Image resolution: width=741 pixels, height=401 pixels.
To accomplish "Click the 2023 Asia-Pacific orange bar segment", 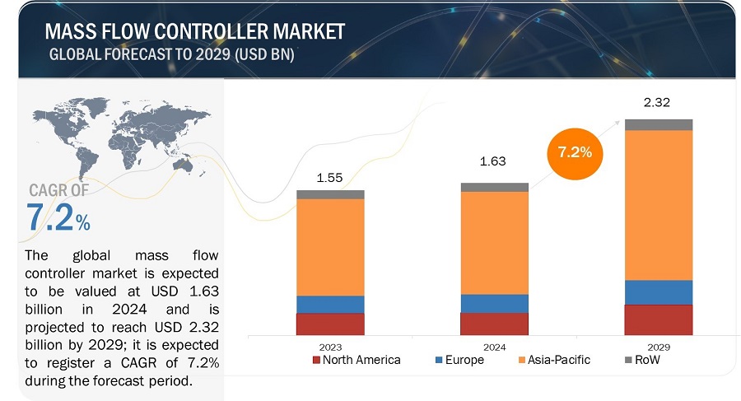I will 330,247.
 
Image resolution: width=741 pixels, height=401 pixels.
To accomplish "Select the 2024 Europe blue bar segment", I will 494,303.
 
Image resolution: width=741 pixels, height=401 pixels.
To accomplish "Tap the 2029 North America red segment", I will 659,319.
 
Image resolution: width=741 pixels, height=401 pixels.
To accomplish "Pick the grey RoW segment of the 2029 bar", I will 659,124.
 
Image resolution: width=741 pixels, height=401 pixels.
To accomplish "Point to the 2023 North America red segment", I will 330,324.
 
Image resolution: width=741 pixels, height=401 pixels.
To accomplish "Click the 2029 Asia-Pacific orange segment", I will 659,204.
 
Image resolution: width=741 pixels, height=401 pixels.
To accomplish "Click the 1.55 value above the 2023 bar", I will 330,177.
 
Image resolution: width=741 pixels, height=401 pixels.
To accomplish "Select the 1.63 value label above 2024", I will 494,163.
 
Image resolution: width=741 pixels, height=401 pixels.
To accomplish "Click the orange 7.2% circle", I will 574,152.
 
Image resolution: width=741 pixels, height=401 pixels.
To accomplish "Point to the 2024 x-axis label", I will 494,347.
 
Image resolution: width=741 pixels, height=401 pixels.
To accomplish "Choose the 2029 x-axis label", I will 659,347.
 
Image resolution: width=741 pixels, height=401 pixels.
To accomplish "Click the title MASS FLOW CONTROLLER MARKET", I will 196,32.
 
